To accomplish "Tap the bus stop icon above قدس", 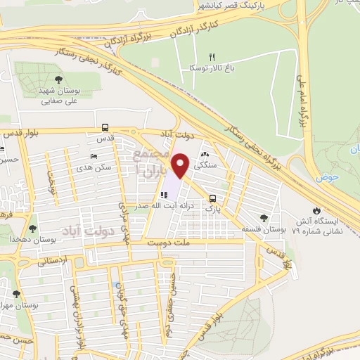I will [x=105, y=128].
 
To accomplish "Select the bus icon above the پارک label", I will [x=212, y=198].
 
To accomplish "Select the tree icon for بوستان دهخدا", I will [x=32, y=228].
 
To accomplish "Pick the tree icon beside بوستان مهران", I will [x=17, y=294].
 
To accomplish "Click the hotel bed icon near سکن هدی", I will [x=94, y=157].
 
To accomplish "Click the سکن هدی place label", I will [x=97, y=167].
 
